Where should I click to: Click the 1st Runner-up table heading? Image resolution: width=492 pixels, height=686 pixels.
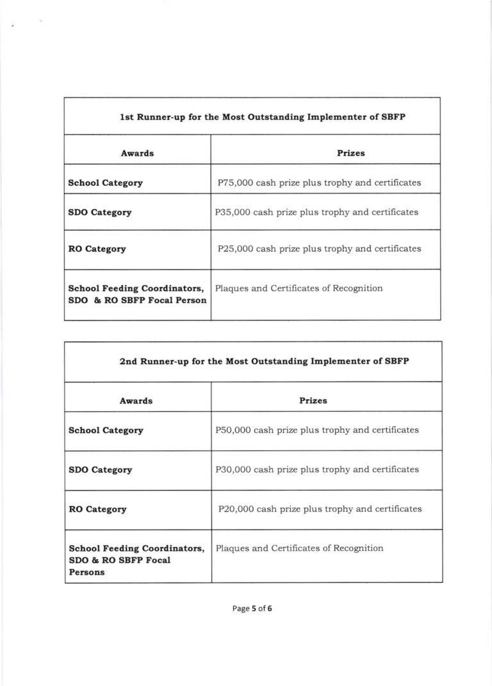[252, 118]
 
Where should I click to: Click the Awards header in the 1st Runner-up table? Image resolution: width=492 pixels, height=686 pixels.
[137, 153]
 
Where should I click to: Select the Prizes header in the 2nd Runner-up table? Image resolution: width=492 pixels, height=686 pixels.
[313, 400]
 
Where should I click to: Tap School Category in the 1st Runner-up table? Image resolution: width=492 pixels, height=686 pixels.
[105, 183]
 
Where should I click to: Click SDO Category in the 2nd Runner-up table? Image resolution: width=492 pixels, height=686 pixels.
[100, 470]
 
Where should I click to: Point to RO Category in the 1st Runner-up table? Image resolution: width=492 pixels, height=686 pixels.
[97, 249]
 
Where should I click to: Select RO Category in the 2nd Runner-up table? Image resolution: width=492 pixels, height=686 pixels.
[97, 510]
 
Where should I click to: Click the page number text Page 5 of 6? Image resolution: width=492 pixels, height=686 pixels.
[252, 609]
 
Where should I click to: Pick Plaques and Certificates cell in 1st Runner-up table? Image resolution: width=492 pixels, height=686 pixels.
[299, 288]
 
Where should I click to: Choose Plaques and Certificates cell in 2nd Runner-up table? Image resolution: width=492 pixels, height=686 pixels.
[300, 548]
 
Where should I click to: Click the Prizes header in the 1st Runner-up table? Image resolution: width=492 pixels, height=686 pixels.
[351, 153]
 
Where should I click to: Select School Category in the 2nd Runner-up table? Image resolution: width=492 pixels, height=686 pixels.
[106, 430]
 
